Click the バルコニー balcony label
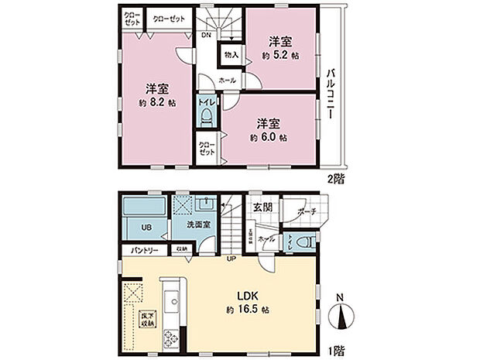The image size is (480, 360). coord(331,92)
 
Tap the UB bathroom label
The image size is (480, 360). coord(146,228)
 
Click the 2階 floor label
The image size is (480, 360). coord(335,177)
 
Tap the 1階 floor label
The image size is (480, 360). coord(335,351)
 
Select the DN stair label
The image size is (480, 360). coord(206,36)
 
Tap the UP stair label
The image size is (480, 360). coord(231,259)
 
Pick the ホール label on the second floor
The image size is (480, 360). coord(228,80)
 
